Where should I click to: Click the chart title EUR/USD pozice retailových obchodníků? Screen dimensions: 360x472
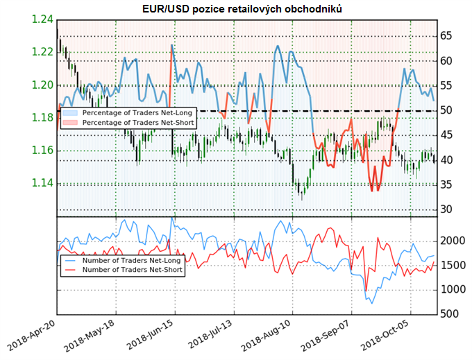point(236,8)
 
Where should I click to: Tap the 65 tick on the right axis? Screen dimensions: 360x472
point(446,36)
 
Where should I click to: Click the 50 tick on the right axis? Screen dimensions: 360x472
point(446,110)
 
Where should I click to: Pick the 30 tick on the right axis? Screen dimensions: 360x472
point(446,209)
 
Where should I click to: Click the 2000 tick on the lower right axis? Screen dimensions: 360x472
point(451,241)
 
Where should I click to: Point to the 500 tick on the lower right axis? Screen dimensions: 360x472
point(448,314)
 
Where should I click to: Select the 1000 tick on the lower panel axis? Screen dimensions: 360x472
point(451,290)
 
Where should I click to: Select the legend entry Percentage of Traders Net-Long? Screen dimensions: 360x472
point(135,112)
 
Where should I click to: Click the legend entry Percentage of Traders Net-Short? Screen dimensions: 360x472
point(135,122)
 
